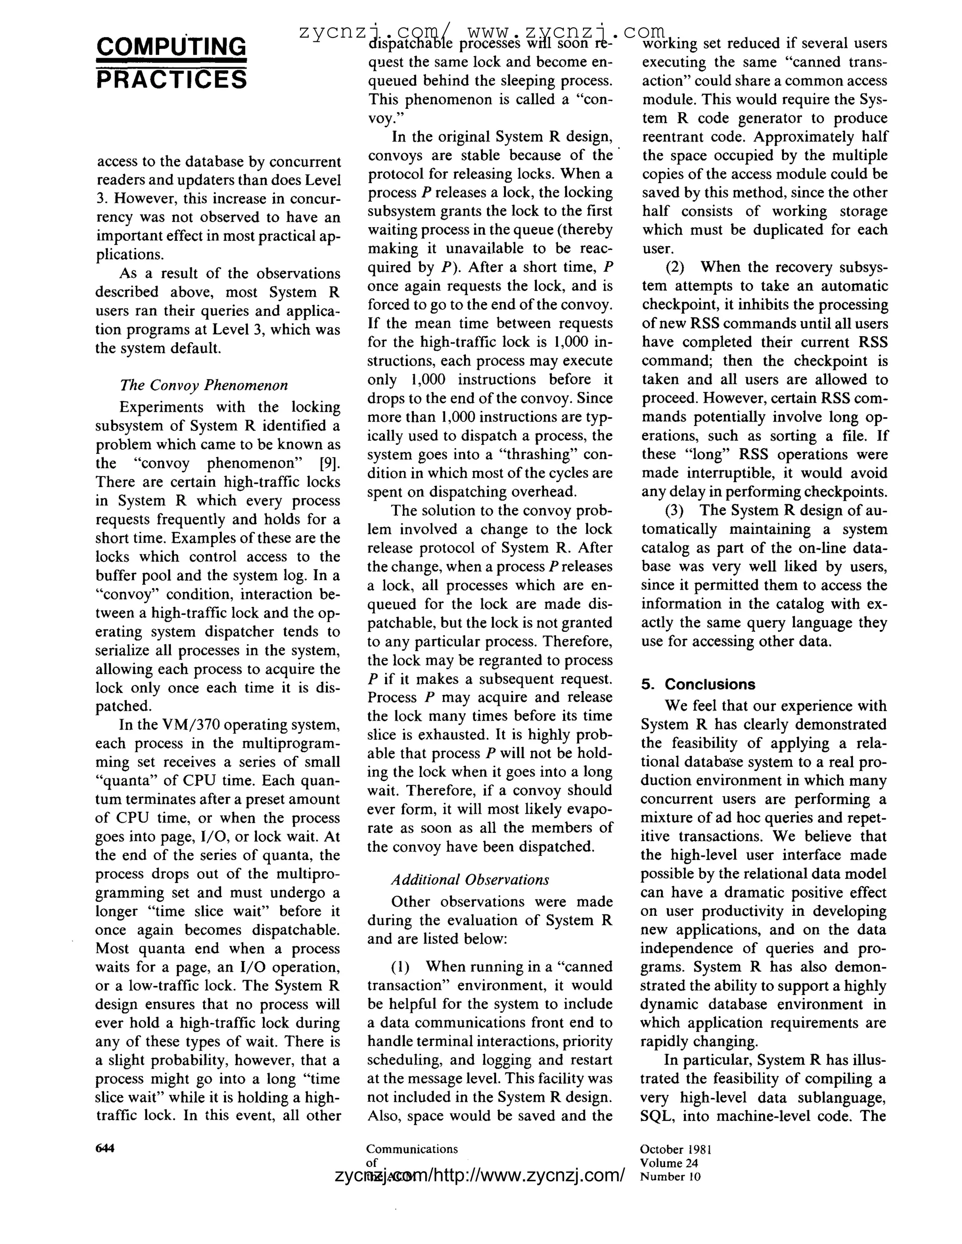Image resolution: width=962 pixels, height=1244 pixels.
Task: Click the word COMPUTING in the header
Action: [x=171, y=46]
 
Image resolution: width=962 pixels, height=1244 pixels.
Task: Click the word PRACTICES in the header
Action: [x=171, y=80]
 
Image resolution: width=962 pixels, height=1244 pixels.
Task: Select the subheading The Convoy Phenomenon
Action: [x=204, y=385]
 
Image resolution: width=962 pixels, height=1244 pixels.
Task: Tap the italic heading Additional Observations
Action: [x=470, y=880]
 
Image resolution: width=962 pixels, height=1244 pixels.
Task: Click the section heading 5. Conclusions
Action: [x=698, y=684]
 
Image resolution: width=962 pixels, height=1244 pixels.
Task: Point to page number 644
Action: [x=105, y=1148]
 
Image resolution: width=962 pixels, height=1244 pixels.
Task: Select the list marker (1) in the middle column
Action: [x=401, y=967]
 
